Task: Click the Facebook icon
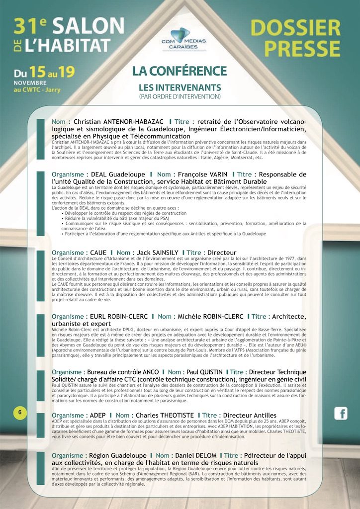coord(341,413)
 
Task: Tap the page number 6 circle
coord(19,412)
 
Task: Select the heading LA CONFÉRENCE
coord(180,71)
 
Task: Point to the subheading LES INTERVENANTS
coord(180,87)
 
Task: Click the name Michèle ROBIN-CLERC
coord(209,317)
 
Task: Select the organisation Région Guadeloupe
coord(118,455)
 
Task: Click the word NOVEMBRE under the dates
coord(30,83)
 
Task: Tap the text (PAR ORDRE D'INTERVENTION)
coord(180,96)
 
